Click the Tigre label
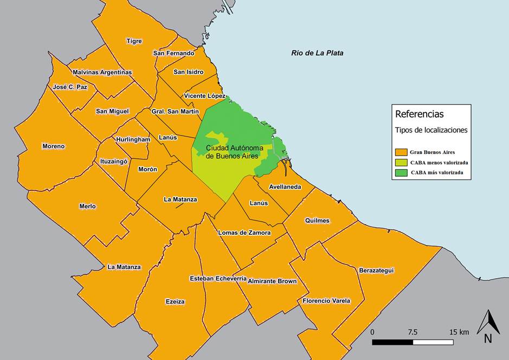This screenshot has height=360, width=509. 134,41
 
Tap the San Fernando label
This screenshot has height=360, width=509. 173,53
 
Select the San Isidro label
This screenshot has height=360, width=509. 189,72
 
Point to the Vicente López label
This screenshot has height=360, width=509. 204,96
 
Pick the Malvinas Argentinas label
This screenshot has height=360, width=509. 102,72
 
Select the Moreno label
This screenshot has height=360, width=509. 53,146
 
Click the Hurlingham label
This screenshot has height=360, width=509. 132,139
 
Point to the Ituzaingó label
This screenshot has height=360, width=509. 113,161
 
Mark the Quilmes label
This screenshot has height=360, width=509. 317,221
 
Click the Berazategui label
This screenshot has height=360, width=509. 376,270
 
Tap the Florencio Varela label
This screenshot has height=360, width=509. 326,301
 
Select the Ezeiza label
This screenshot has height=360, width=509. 175,301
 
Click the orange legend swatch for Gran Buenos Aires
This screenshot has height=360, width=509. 401,152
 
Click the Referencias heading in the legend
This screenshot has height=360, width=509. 419,114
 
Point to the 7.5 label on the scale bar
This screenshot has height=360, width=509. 413,332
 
